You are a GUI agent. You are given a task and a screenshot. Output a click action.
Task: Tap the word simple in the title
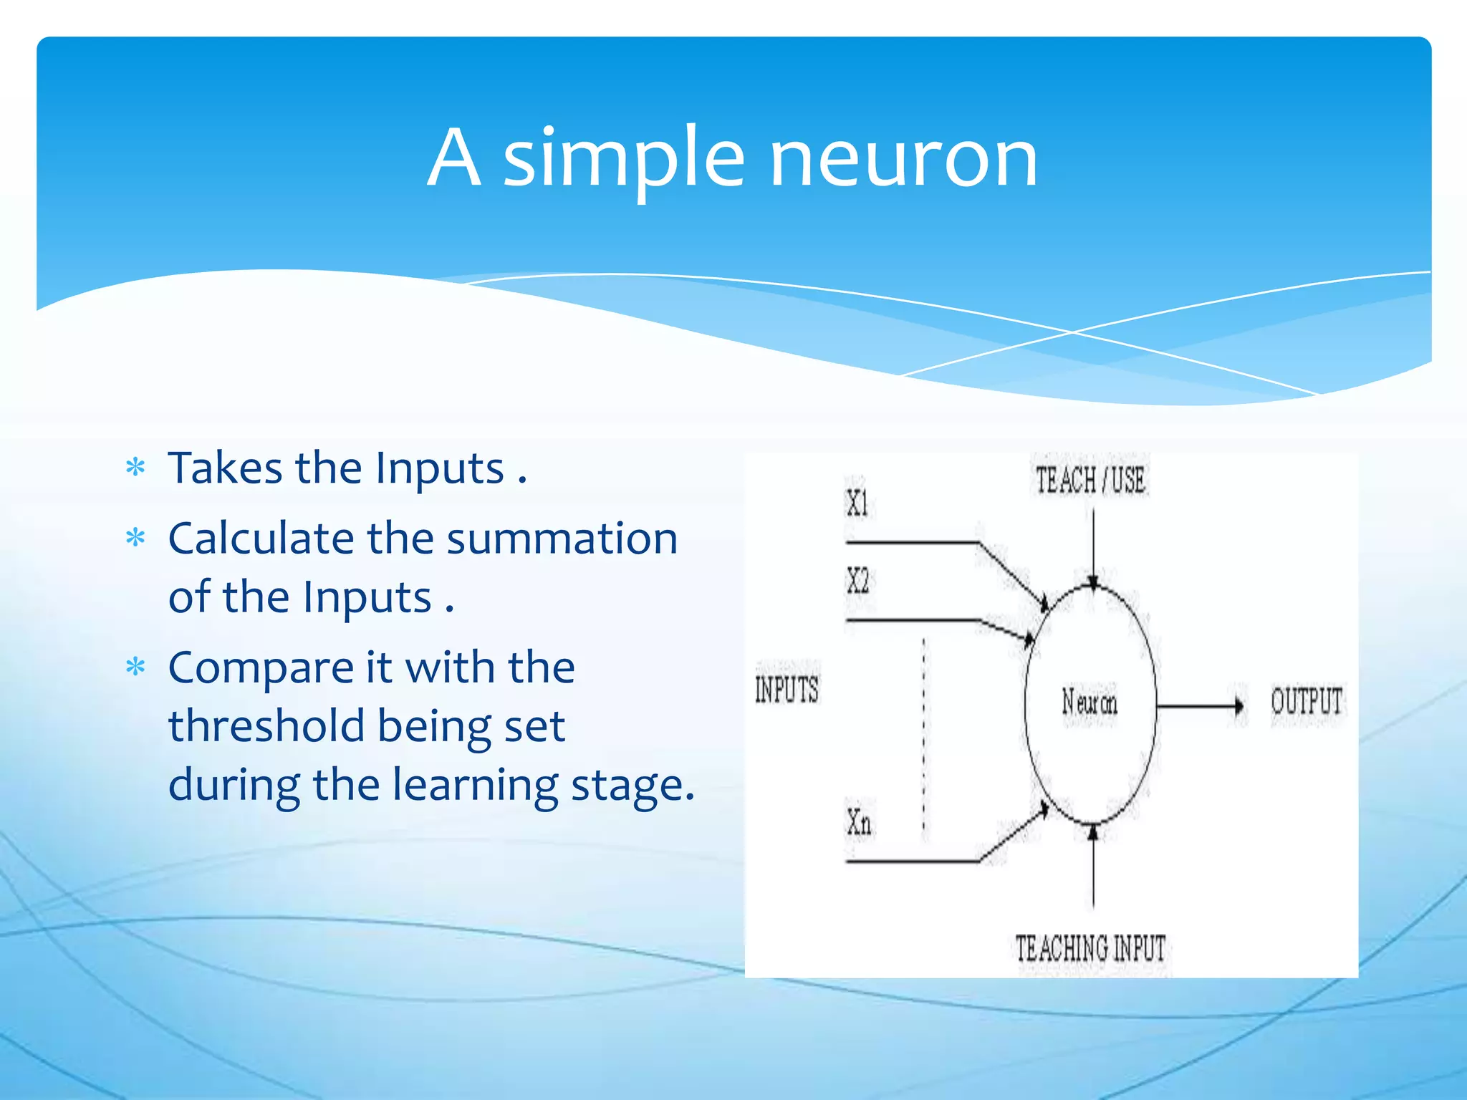pyautogui.click(x=623, y=159)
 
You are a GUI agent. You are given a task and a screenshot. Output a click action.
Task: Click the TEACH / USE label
pyautogui.click(x=1090, y=480)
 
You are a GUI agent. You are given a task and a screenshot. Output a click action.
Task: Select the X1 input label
pyautogui.click(x=857, y=503)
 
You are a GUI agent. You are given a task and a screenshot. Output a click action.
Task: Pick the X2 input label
pyautogui.click(x=857, y=580)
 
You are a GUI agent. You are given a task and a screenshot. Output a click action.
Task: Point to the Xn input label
pyautogui.click(x=859, y=822)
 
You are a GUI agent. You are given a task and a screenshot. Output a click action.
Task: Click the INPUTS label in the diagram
pyautogui.click(x=787, y=690)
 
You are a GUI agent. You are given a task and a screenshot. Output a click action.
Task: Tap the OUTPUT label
pyautogui.click(x=1307, y=701)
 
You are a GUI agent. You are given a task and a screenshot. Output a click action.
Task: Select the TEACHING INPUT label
pyautogui.click(x=1090, y=948)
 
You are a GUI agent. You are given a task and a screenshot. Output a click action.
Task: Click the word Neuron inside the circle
pyautogui.click(x=1089, y=702)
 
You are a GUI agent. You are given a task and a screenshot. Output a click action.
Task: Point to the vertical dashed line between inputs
pyautogui.click(x=923, y=738)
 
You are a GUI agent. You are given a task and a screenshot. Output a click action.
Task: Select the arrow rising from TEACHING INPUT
pyautogui.click(x=1093, y=867)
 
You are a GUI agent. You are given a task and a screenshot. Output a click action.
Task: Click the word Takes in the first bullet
pyautogui.click(x=225, y=468)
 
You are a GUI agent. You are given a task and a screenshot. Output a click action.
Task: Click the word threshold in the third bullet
pyautogui.click(x=267, y=726)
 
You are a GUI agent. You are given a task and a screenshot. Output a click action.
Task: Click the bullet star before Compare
pyautogui.click(x=135, y=667)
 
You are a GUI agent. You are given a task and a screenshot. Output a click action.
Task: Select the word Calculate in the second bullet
pyautogui.click(x=261, y=539)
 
